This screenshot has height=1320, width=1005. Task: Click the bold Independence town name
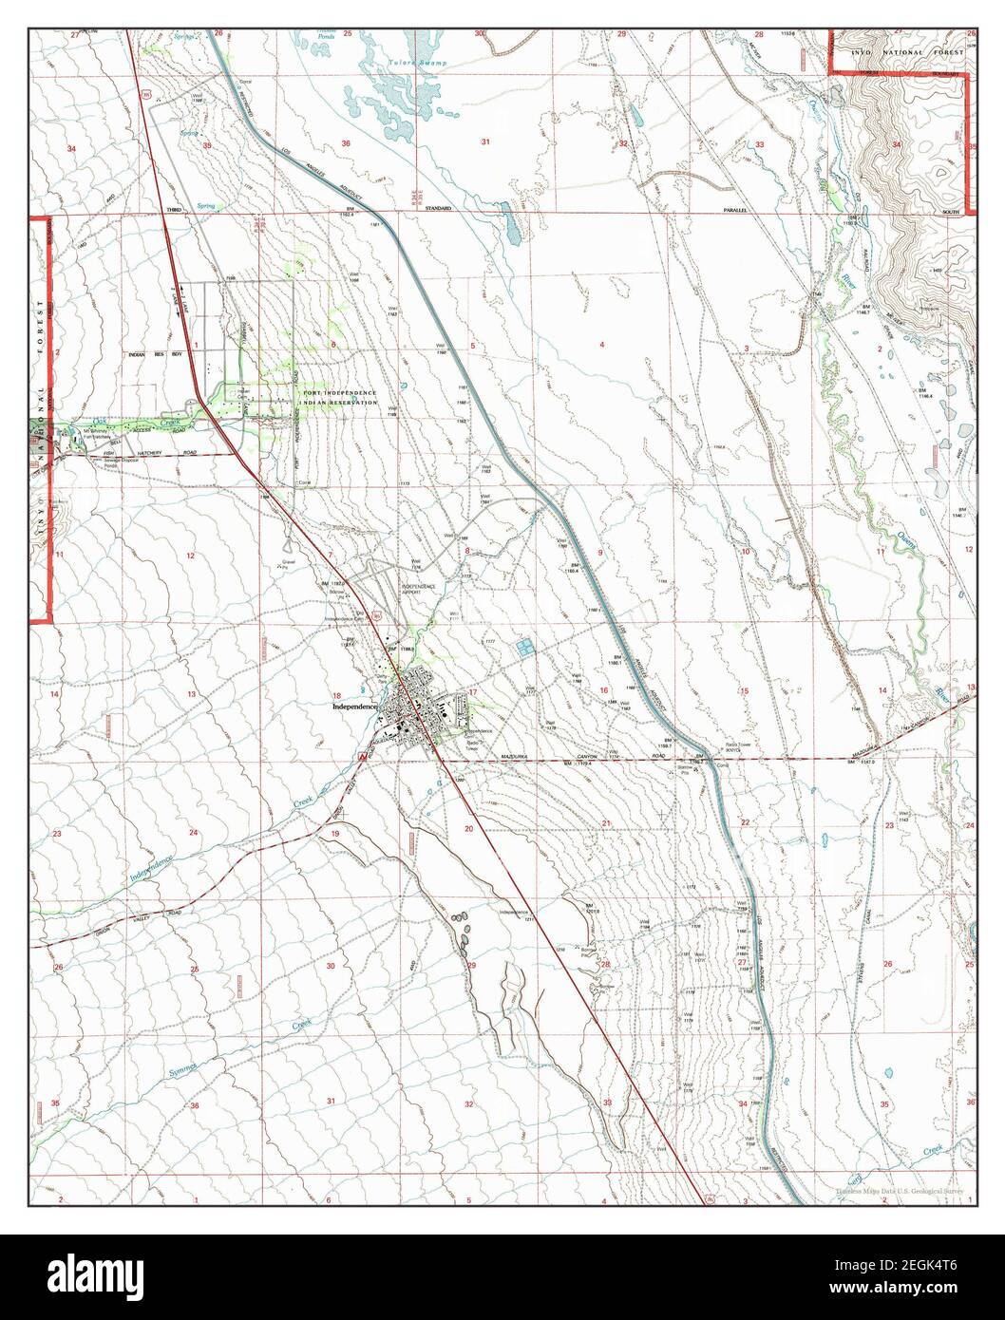point(355,707)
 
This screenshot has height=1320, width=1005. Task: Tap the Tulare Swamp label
point(426,63)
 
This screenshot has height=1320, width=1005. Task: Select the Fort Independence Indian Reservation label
point(340,398)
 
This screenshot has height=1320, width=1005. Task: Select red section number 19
point(334,833)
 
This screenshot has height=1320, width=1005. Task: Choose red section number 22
point(746,822)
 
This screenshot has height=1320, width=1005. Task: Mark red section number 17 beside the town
point(472,692)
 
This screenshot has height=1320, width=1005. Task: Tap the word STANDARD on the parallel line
point(438,208)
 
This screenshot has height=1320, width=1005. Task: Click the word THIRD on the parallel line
point(174,208)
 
